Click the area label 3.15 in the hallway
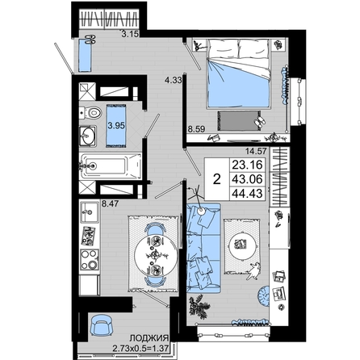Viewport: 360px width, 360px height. click(130, 34)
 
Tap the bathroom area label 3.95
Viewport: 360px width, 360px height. click(116, 125)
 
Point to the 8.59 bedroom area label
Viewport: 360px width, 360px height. click(196, 129)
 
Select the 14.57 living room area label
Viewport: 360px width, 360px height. click(256, 152)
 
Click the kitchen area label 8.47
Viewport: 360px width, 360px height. click(110, 203)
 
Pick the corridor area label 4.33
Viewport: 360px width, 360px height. click(174, 80)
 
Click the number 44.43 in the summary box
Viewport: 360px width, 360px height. click(247, 194)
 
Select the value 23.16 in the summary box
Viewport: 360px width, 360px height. click(247, 165)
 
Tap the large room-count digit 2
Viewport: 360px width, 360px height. click(217, 179)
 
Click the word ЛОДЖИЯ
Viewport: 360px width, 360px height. click(149, 338)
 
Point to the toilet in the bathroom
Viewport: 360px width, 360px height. click(90, 112)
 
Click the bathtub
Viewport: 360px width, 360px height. click(111, 166)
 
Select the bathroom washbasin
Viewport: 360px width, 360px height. click(88, 136)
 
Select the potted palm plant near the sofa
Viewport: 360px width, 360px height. click(199, 305)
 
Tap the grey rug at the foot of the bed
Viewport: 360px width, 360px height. click(239, 121)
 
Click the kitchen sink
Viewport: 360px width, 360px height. click(90, 212)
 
